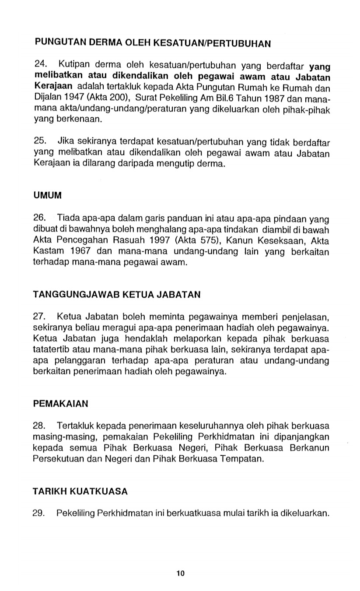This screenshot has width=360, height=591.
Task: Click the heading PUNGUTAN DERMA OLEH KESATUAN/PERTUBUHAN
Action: [152, 43]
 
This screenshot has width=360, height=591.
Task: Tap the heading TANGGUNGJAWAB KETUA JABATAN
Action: [117, 295]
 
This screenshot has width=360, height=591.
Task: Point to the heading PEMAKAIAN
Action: [61, 403]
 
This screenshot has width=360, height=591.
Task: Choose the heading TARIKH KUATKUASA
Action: [80, 491]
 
